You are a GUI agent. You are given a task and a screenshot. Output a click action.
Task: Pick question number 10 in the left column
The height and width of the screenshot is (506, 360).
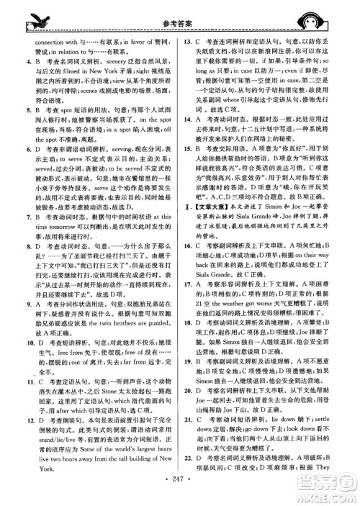pyautogui.click(x=18, y=335)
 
